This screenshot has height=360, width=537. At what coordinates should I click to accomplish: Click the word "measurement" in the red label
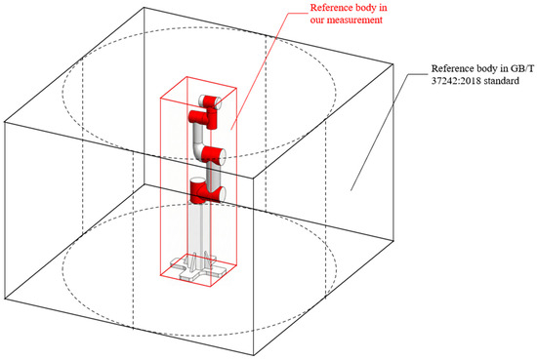[354, 20]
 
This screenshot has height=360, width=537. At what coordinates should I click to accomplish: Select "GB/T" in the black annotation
[522, 68]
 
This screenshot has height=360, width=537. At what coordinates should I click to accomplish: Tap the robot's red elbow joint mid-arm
[212, 155]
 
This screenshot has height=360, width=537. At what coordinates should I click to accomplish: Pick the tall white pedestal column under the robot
[199, 233]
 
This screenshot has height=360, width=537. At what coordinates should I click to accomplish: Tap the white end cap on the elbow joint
[222, 155]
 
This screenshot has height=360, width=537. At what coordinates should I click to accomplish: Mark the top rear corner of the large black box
[144, 8]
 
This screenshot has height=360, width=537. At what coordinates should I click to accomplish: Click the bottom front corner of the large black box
[254, 355]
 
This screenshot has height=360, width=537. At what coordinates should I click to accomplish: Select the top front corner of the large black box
[254, 178]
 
